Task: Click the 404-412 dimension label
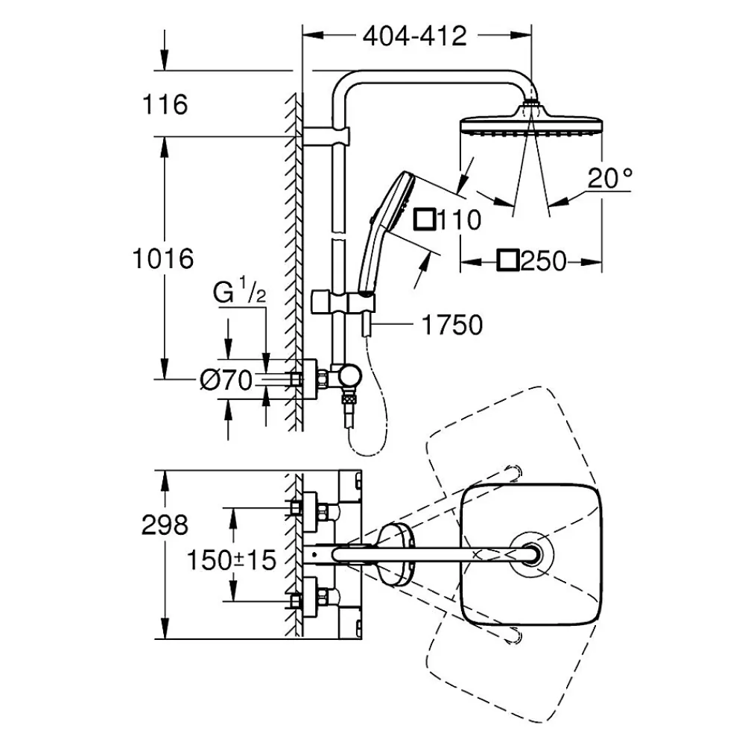pyautogui.click(x=414, y=37)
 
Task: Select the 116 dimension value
pyautogui.click(x=165, y=104)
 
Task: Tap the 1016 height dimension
pyautogui.click(x=163, y=259)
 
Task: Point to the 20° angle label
pyautogui.click(x=610, y=178)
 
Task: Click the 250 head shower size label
pyautogui.click(x=544, y=261)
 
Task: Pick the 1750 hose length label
pyautogui.click(x=452, y=326)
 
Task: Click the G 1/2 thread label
pyautogui.click(x=239, y=293)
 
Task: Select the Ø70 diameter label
pyautogui.click(x=226, y=380)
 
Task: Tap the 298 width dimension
pyautogui.click(x=165, y=525)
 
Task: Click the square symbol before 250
pyautogui.click(x=507, y=260)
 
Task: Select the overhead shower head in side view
pyautogui.click(x=531, y=122)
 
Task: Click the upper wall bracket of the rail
pyautogui.click(x=326, y=136)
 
